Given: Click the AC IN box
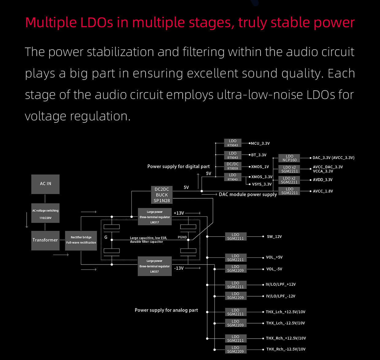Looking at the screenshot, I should coord(45,184).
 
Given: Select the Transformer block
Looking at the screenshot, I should coord(45,240).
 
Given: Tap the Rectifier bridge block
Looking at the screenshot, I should coord(81,240).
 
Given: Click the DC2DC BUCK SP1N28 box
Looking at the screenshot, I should coord(162,195).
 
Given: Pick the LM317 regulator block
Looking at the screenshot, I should coord(155,217).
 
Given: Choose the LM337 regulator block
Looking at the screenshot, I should coord(155,266).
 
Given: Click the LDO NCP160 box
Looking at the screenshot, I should coord(289,158).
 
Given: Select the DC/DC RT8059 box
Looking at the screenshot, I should coord(233,166).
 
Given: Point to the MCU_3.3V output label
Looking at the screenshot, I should coord(260,143).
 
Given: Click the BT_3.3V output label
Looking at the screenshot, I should coord(259,155).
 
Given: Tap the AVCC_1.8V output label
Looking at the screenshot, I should coord(323,191).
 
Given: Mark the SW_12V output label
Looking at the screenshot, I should coord(274,237).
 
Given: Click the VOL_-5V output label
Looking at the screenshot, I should coord(274,269).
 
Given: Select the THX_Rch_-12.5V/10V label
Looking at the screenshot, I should coord(286,349).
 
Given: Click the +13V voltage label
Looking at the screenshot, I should coord(179,213).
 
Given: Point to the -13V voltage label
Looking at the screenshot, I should coord(179,268).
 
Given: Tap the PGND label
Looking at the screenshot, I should coord(182,237).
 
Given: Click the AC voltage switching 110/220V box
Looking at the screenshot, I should coord(45,214).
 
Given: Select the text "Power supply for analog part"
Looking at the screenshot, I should coord(166,310).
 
